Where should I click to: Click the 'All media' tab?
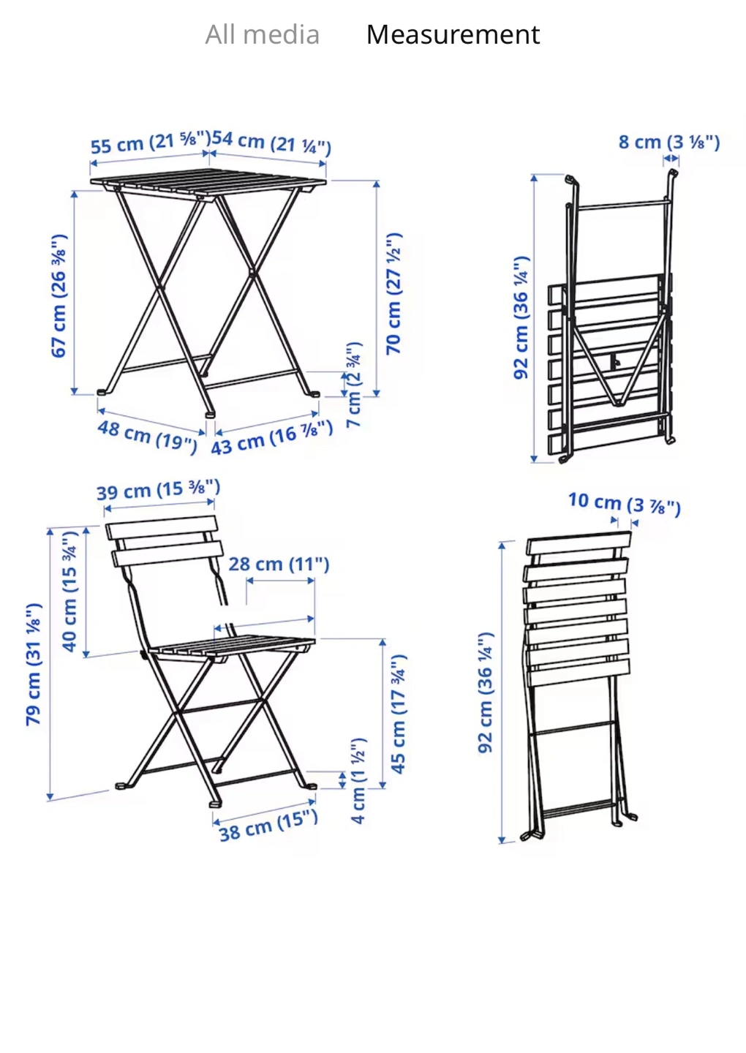pyautogui.click(x=263, y=35)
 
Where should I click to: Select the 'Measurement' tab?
pyautogui.click(x=453, y=35)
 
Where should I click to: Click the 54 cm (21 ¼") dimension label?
pyautogui.click(x=271, y=143)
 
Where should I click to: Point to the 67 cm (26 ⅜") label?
pyautogui.click(x=59, y=295)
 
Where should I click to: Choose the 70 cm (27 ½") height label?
pyautogui.click(x=393, y=293)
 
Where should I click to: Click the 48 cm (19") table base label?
pyautogui.click(x=147, y=437)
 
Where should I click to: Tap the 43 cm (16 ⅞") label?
pyautogui.click(x=271, y=437)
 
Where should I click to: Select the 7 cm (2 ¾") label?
pyautogui.click(x=354, y=385)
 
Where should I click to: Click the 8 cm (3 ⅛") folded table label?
pyautogui.click(x=669, y=142)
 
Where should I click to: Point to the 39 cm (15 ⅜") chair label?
pyautogui.click(x=159, y=490)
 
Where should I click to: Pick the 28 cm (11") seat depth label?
pyautogui.click(x=279, y=564)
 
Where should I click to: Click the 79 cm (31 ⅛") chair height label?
pyautogui.click(x=34, y=664)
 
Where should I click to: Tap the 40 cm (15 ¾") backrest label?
pyautogui.click(x=69, y=592)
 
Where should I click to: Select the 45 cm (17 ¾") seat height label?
pyautogui.click(x=398, y=714)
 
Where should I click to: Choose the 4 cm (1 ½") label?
pyautogui.click(x=358, y=781)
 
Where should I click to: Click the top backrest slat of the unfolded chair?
pyautogui.click(x=161, y=527)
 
